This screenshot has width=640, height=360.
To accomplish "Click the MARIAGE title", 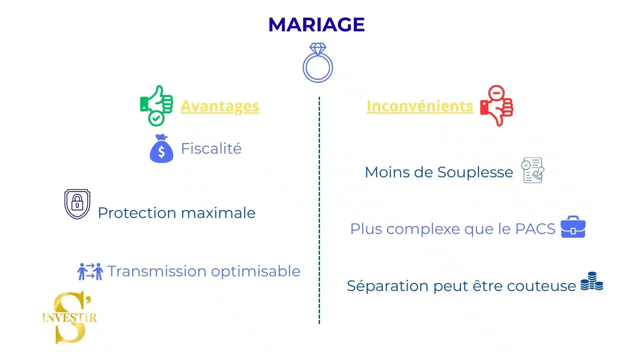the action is [316, 25].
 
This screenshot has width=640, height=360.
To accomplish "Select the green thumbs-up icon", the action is [156, 106].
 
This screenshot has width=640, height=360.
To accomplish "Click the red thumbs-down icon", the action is [497, 106].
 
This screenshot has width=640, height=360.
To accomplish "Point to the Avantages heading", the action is [220, 107].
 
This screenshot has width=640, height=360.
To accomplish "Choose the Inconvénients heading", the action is [420, 106].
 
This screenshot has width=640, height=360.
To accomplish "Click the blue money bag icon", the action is [162, 149].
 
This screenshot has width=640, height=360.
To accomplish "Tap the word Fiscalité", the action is [211, 148].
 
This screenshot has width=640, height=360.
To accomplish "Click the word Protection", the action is [137, 213].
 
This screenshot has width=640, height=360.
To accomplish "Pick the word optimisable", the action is [256, 272].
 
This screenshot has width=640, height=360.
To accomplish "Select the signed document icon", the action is [533, 170].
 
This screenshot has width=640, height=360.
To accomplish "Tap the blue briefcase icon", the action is [573, 227].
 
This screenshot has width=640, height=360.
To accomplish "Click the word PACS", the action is [535, 229].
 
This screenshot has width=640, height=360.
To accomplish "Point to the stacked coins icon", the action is [592, 281].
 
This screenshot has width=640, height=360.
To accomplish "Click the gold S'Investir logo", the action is [70, 317].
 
